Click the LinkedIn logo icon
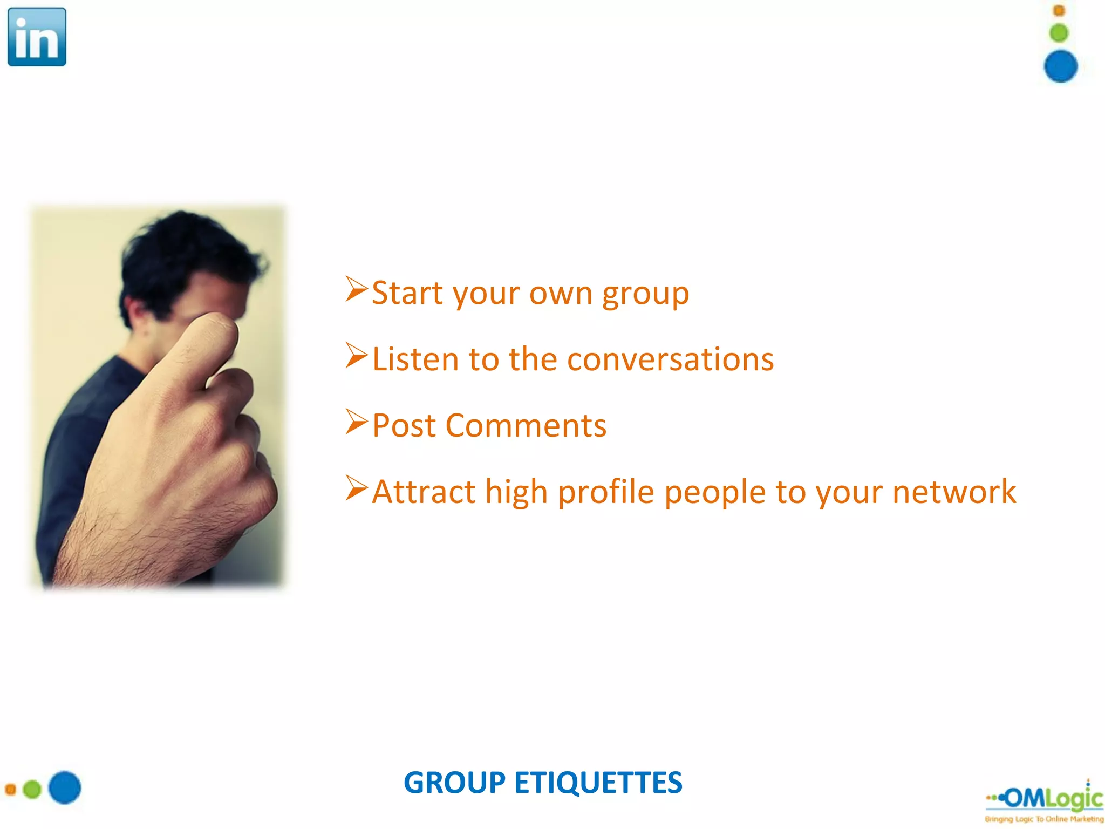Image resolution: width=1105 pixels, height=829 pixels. tap(37, 37)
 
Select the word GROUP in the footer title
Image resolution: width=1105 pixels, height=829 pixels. tap(454, 783)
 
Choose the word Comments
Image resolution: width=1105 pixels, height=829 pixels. tap(526, 426)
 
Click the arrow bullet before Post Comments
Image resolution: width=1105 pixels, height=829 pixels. tap(356, 422)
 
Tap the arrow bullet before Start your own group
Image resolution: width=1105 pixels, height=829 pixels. tap(356, 289)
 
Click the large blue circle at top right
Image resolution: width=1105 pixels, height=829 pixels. tap(1060, 66)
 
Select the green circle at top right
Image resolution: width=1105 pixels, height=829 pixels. tap(1059, 33)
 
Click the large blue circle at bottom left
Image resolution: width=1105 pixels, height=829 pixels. tap(65, 787)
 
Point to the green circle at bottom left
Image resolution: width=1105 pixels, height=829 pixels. tap(32, 789)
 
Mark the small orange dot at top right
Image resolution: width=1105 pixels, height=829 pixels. tap(1059, 10)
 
